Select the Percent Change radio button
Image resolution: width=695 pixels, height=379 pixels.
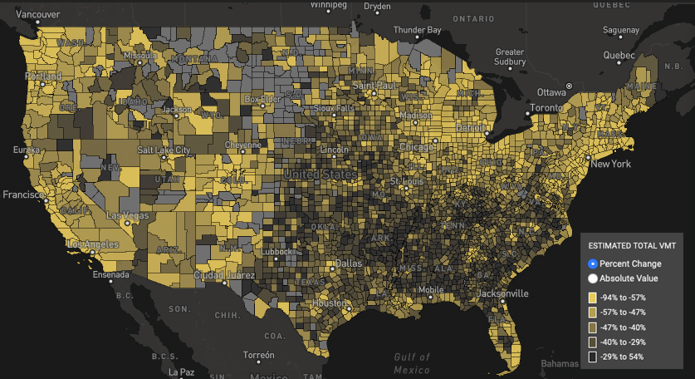click(593, 263)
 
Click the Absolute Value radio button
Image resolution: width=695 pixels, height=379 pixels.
click(593, 278)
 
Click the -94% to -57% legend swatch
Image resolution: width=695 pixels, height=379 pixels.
click(592, 298)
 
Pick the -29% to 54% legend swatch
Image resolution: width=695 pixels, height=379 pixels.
click(592, 357)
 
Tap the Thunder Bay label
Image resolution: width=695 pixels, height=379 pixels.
click(417, 30)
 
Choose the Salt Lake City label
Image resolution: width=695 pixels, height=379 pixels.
click(164, 150)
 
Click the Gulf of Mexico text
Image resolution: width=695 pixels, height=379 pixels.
click(412, 363)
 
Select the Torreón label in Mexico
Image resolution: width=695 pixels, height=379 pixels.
click(258, 355)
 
